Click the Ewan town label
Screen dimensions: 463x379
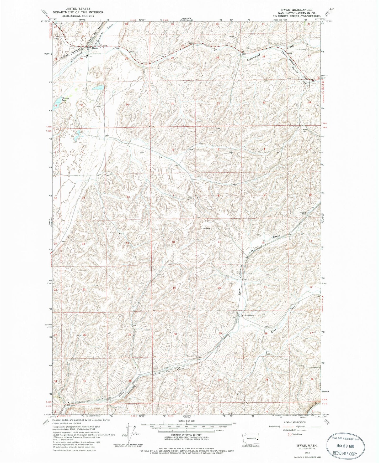pyautogui.click(x=95, y=48)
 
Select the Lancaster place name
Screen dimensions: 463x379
pyautogui.click(x=250, y=315)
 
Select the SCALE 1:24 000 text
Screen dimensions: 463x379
pyautogui.click(x=185, y=422)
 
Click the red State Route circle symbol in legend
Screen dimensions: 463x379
pyautogui.click(x=289, y=435)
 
